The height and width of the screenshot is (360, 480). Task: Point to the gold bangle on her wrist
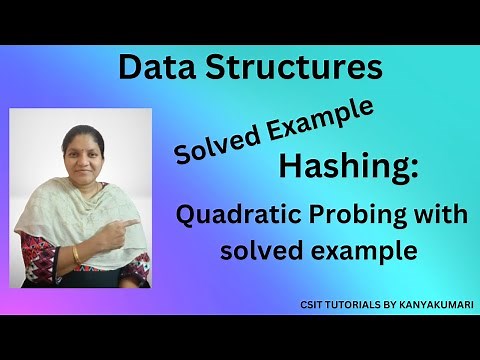pos(76,255)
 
